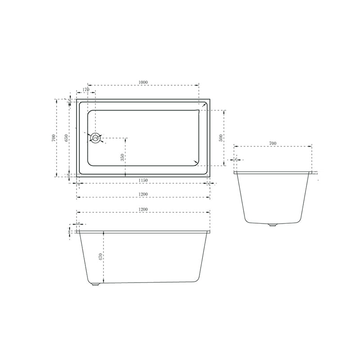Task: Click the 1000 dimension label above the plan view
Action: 143,82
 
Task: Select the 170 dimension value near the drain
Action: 86,90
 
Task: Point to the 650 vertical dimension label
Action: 66,138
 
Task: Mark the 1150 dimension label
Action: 143,180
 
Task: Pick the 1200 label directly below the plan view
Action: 143,194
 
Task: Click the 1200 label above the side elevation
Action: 143,210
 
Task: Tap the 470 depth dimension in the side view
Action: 101,257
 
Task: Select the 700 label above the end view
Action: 273,143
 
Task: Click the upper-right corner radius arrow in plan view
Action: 204,105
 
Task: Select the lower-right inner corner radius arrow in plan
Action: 196,162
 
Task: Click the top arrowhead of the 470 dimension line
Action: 104,233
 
